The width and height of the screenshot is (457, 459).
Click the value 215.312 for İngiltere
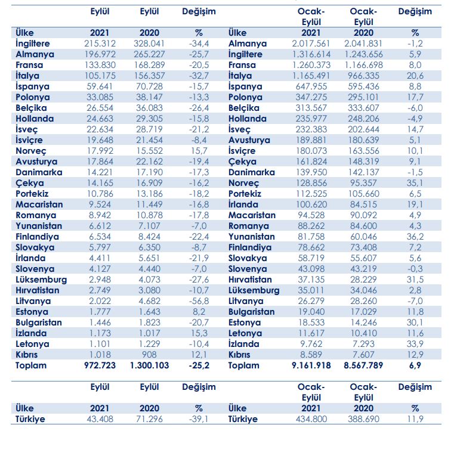(100, 44)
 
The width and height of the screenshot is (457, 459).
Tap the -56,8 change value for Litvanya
(199, 301)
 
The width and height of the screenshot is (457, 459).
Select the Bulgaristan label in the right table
(251, 312)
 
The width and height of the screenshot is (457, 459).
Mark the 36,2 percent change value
(415, 237)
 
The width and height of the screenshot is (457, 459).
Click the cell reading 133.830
(100, 65)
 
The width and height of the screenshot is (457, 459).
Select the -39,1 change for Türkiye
(199, 419)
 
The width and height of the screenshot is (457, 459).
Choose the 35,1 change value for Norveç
(415, 183)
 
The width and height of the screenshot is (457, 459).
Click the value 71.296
(149, 419)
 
